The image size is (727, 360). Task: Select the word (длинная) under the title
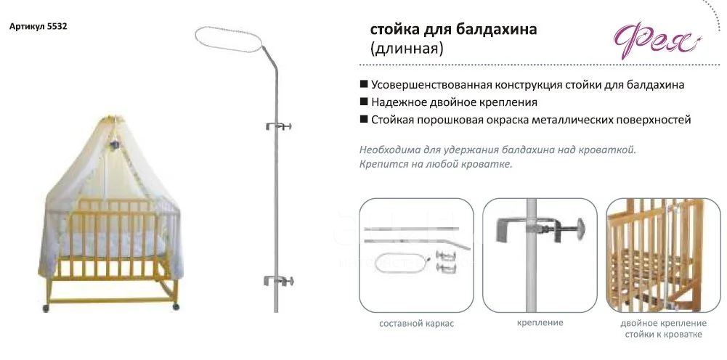pos(406,48)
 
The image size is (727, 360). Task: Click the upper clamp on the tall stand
pos(279,126)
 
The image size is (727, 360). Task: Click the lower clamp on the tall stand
pos(279,280)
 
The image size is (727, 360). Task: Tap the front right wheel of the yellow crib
pos(175,306)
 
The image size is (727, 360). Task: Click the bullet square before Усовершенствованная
pos(364,85)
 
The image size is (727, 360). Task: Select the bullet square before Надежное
pos(364,102)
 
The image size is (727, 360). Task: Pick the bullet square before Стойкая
pos(364,120)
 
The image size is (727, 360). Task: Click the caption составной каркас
pos(416,324)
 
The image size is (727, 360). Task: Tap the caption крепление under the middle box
pos(540,322)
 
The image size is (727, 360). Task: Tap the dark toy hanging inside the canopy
pos(115,145)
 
